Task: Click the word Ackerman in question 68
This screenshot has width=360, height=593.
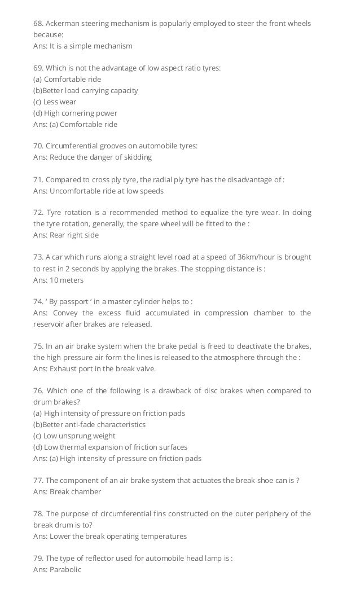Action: (x=63, y=23)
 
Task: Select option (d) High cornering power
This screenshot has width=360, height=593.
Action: (x=75, y=113)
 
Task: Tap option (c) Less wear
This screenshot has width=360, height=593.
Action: (x=55, y=102)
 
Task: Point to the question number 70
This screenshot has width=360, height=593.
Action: (x=38, y=146)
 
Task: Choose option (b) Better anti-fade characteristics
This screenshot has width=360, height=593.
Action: (x=89, y=424)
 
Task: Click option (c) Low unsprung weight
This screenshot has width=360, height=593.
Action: (x=74, y=436)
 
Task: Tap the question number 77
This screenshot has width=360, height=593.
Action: (x=38, y=480)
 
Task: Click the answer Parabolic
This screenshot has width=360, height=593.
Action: (x=65, y=569)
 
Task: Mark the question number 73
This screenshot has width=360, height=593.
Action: (x=38, y=257)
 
